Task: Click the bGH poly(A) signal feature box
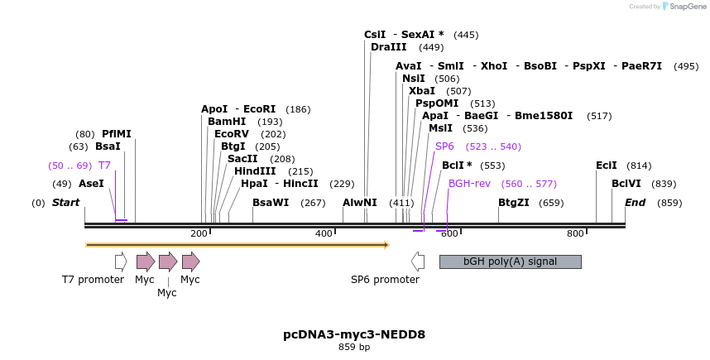tap(510, 262)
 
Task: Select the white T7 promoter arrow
tap(121, 262)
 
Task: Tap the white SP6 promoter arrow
tap(418, 262)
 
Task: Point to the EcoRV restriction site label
tap(232, 133)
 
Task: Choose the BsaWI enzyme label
tap(271, 203)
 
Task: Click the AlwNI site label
tap(360, 203)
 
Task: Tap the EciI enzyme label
tap(607, 166)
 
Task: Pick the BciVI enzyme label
tap(626, 184)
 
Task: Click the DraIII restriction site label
tap(388, 47)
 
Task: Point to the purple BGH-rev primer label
tap(470, 184)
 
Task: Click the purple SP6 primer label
tap(444, 146)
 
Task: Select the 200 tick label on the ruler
tap(199, 234)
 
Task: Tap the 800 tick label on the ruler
tap(575, 234)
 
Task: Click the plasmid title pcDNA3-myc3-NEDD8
tap(354, 334)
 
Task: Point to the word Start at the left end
tap(66, 203)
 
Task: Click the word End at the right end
tap(636, 203)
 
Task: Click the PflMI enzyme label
tap(117, 133)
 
